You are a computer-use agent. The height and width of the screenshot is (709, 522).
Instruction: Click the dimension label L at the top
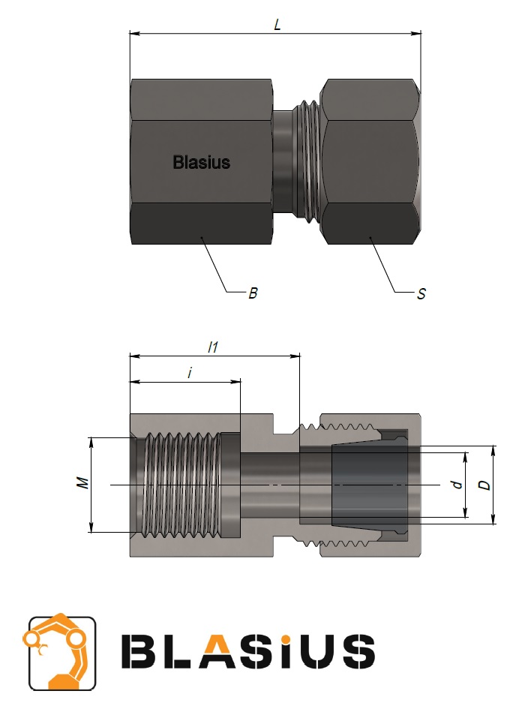(277, 25)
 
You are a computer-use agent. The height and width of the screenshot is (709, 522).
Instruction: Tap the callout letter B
(253, 293)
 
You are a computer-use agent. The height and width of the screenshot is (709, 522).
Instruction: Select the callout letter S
(421, 294)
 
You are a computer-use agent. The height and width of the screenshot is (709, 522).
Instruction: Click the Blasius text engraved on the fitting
(202, 162)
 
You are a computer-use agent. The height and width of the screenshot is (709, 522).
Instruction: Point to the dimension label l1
(213, 347)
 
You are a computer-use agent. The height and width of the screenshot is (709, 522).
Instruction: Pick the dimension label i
(190, 373)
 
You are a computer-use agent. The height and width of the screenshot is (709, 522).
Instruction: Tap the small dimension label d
(457, 485)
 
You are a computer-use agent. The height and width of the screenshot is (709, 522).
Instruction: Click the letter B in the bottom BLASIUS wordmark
(139, 651)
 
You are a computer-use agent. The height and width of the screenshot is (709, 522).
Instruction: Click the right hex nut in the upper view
(370, 162)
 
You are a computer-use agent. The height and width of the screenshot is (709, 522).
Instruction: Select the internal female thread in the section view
(182, 485)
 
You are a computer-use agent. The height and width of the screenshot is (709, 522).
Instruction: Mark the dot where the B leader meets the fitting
(202, 236)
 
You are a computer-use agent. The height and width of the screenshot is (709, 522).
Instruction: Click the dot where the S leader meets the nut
(370, 236)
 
